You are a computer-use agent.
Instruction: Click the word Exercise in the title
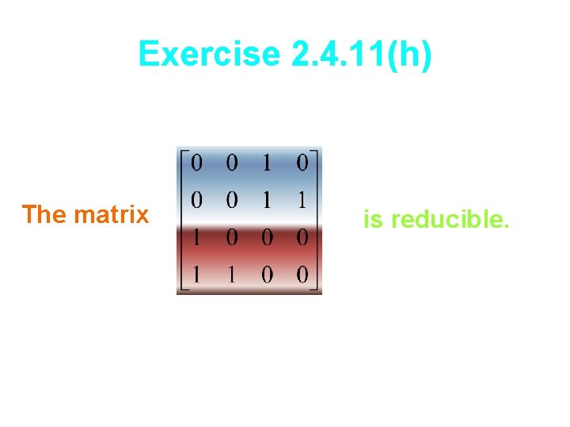[208, 55]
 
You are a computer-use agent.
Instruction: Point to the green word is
[372, 220]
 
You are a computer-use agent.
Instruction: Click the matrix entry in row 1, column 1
[196, 164]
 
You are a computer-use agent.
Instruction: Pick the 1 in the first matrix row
[267, 164]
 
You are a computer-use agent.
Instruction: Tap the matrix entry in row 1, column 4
[302, 164]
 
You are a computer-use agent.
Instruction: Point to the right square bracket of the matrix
[317, 221]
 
